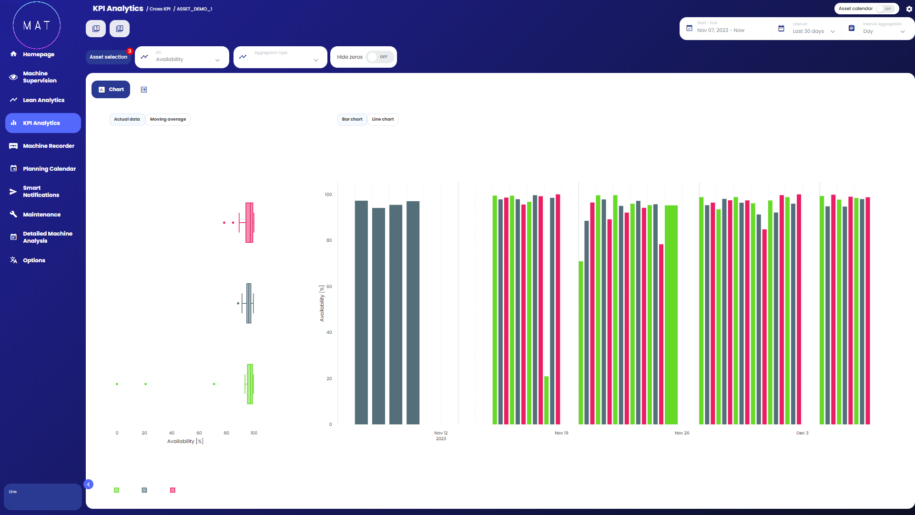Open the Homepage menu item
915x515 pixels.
pos(38,54)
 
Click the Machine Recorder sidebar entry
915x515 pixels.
pos(48,146)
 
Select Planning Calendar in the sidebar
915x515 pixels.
pos(49,169)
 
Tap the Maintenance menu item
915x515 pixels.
pos(41,215)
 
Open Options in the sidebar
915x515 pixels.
pos(34,260)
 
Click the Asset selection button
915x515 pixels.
pos(108,57)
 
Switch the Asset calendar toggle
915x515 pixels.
pos(885,9)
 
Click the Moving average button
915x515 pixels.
pos(168,119)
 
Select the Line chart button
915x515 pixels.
pos(383,119)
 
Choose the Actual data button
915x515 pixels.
pos(127,119)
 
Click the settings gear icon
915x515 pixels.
pos(909,9)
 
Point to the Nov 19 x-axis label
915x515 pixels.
pos(561,433)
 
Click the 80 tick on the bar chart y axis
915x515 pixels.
pos(329,240)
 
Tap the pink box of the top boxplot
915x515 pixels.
pos(249,223)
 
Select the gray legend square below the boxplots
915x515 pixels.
pos(144,490)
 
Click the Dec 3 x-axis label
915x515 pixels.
pos(803,433)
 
